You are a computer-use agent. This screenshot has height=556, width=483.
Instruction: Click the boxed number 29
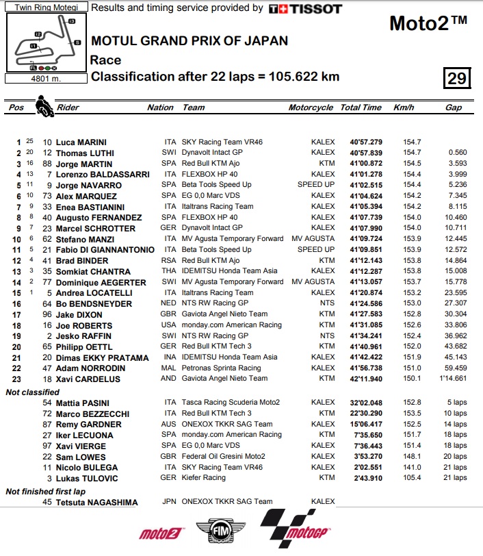pos(456,78)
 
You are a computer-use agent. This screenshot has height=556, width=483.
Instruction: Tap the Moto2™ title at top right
pos(428,23)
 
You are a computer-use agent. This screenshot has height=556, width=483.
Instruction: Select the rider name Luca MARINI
pos(80,142)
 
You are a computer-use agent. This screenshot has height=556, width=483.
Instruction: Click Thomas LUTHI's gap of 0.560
pos(456,153)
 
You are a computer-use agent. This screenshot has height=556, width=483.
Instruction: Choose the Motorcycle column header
pos(311,108)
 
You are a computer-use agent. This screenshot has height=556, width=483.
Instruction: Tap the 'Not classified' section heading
pos(32,392)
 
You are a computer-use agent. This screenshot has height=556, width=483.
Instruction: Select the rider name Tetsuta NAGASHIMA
pos(96,502)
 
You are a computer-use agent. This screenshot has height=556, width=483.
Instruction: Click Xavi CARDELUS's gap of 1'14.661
pos(452,379)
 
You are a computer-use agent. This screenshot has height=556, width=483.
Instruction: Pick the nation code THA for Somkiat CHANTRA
pos(169,271)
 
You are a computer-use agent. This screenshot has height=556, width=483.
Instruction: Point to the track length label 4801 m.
pos(45,78)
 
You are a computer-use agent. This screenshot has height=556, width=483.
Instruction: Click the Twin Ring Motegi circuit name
pos(46,8)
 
